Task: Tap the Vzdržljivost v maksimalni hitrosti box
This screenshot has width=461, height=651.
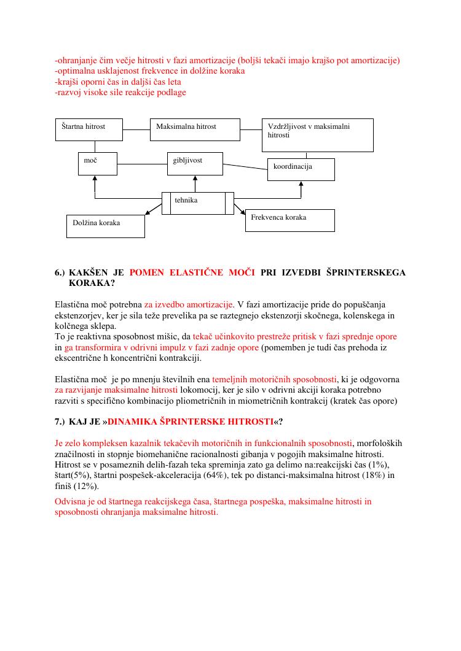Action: click(x=317, y=135)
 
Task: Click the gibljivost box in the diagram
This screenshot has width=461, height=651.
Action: click(x=195, y=164)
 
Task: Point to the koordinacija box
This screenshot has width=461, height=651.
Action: click(x=301, y=169)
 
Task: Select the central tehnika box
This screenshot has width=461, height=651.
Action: click(x=197, y=203)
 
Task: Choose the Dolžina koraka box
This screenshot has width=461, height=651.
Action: click(x=105, y=226)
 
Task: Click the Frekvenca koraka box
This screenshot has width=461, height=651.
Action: click(x=290, y=220)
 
